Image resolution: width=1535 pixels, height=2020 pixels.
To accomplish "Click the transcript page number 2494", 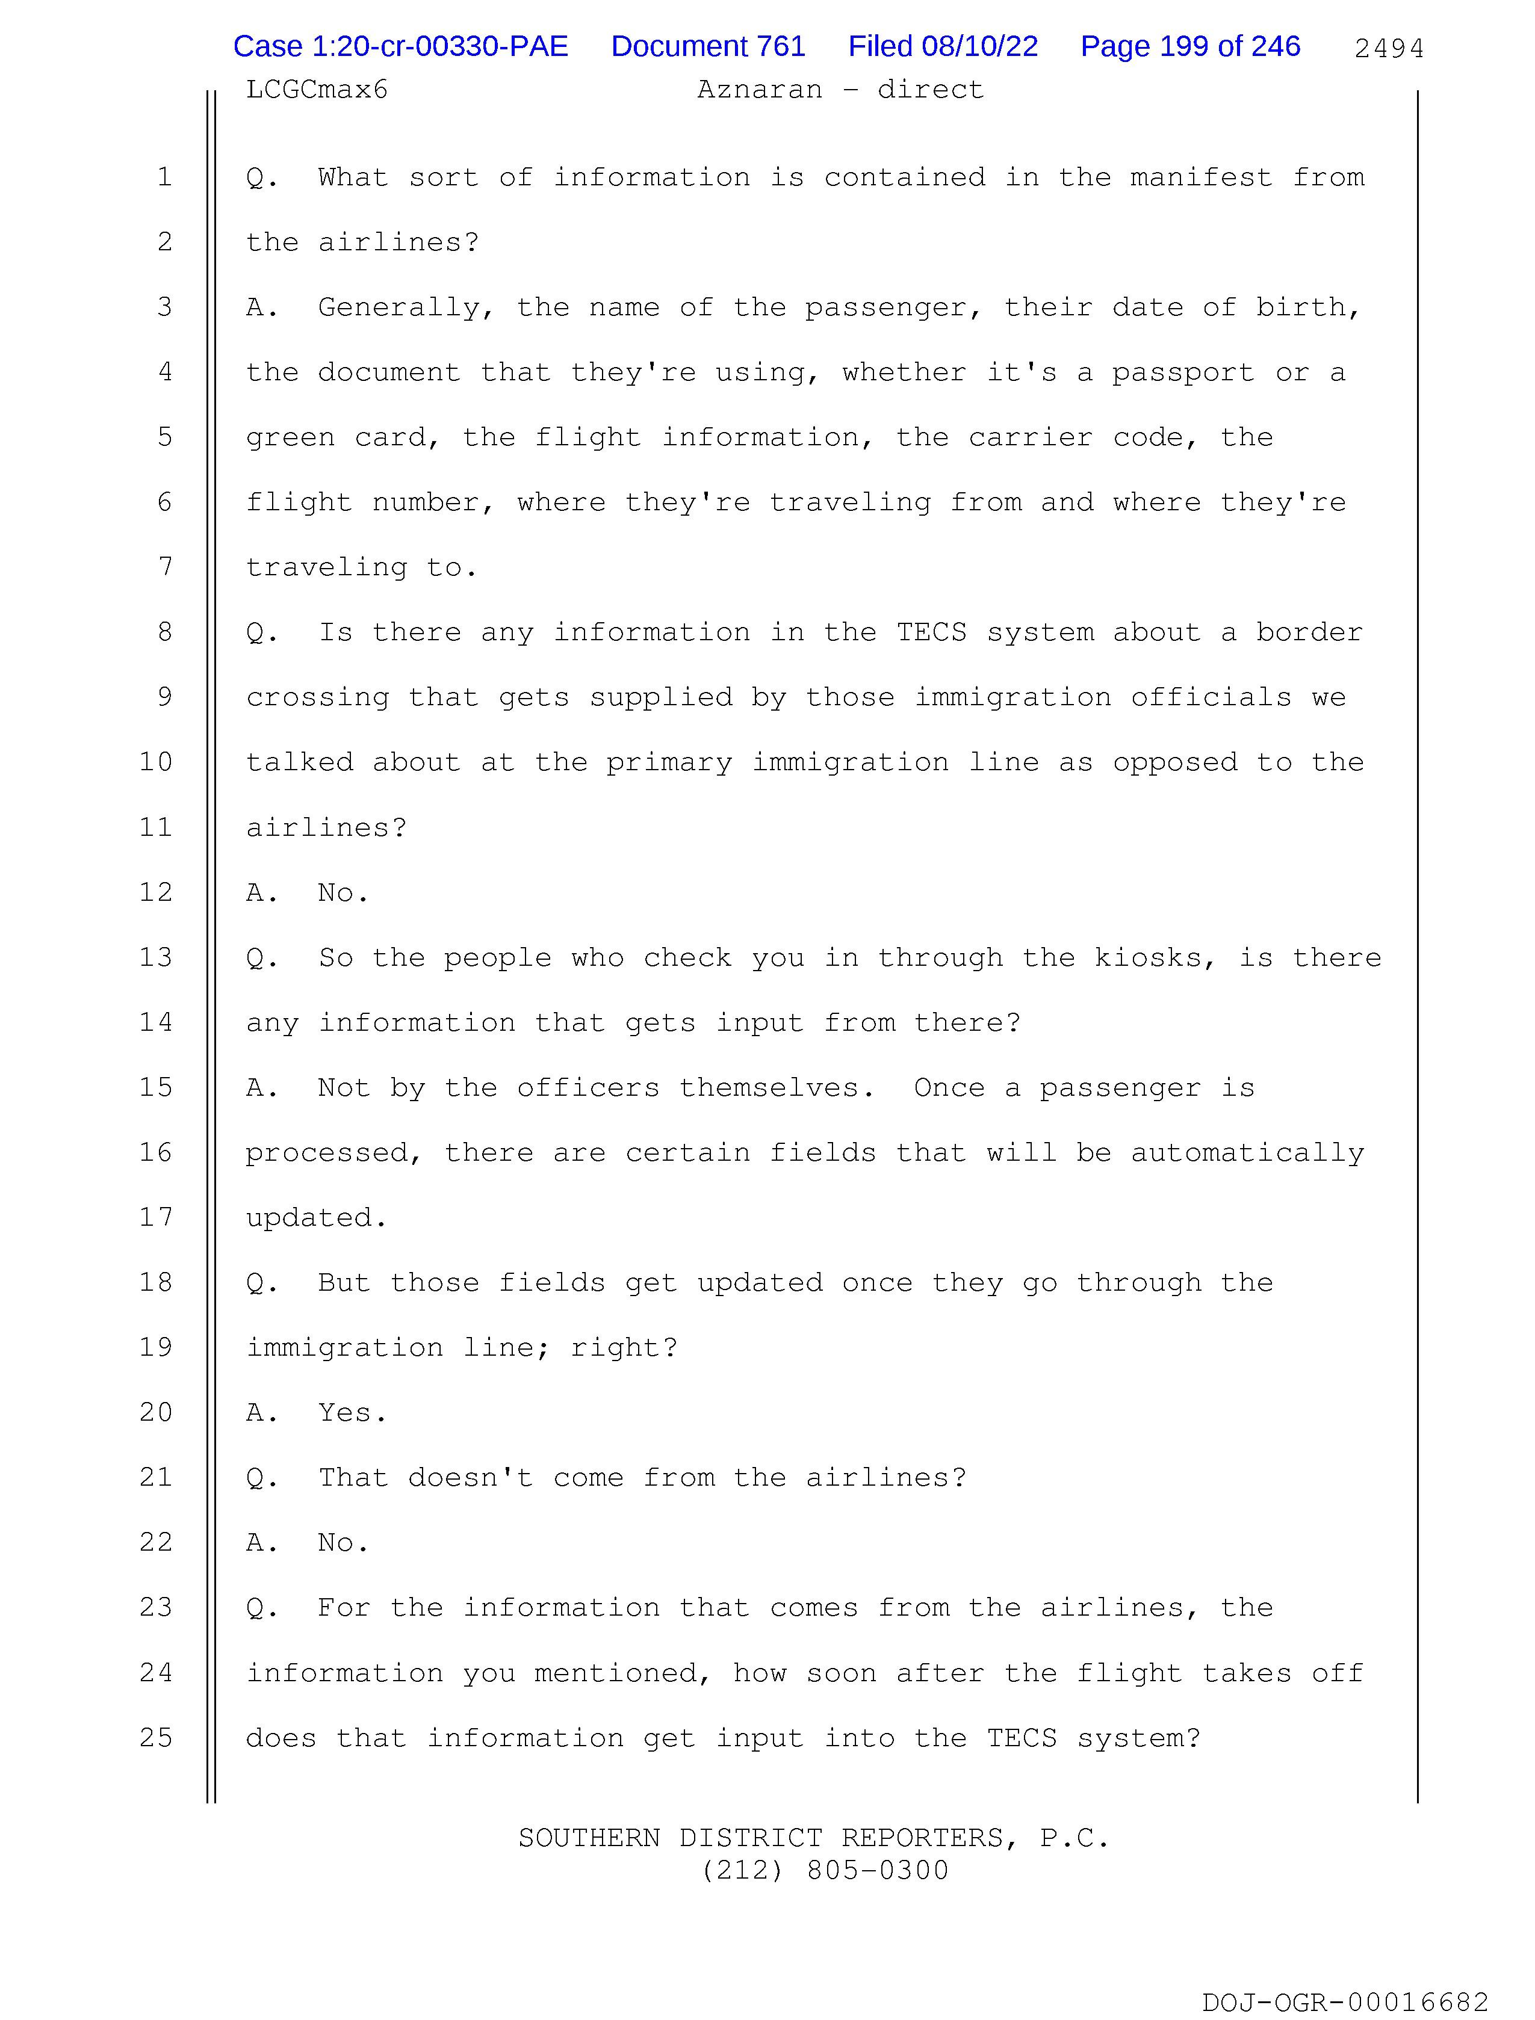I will pos(1388,48).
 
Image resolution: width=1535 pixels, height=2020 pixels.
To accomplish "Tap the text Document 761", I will pos(707,46).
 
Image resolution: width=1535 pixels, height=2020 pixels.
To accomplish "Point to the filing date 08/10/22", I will pos(979,46).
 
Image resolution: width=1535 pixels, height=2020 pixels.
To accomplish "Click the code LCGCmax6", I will pos(317,90).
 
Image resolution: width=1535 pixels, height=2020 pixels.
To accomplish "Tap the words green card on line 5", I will pos(335,437).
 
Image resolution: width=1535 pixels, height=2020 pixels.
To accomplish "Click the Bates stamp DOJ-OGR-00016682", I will pos(1344,2002).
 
